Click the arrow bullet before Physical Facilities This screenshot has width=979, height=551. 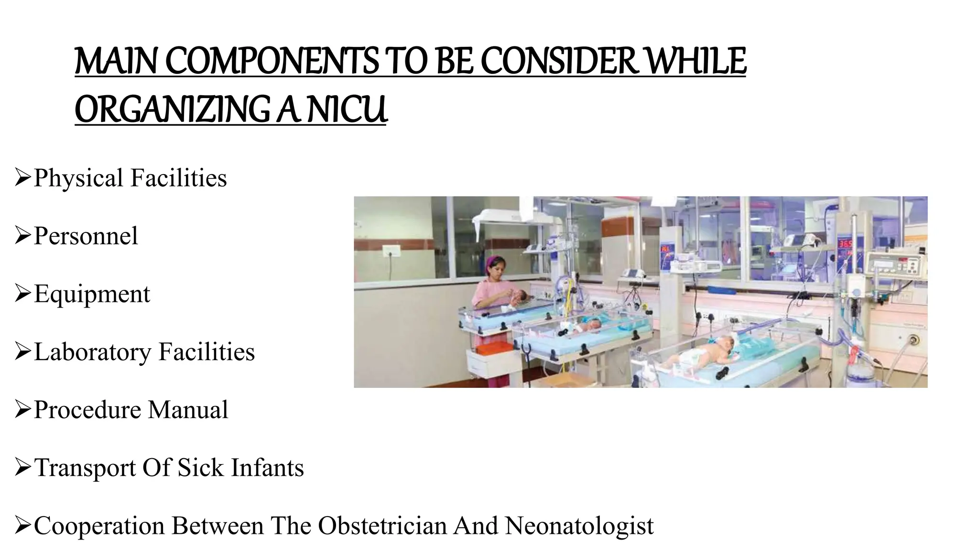(x=22, y=177)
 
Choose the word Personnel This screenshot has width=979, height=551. (x=86, y=236)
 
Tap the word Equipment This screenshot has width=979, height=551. (x=92, y=294)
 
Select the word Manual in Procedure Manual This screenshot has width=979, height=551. (x=188, y=410)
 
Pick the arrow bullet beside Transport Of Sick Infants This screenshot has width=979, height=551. (x=22, y=467)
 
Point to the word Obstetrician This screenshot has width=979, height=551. (x=382, y=526)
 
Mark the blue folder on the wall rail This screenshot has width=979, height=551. (x=722, y=290)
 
